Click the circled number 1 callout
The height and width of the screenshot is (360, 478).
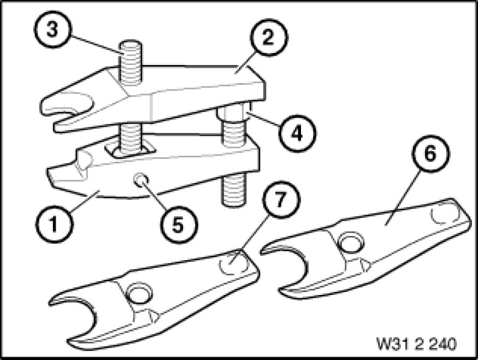(x=54, y=225)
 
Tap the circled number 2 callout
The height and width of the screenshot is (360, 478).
(x=268, y=38)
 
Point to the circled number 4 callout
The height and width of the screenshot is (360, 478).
(x=297, y=133)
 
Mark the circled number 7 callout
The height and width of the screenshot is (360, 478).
(x=281, y=199)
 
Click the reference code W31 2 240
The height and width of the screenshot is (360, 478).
(x=416, y=344)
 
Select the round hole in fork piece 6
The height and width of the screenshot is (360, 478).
(x=351, y=244)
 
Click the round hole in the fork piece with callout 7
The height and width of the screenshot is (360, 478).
(x=140, y=294)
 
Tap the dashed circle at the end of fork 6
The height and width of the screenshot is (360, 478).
(x=445, y=215)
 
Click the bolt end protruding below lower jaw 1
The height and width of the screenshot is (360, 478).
(x=234, y=190)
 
